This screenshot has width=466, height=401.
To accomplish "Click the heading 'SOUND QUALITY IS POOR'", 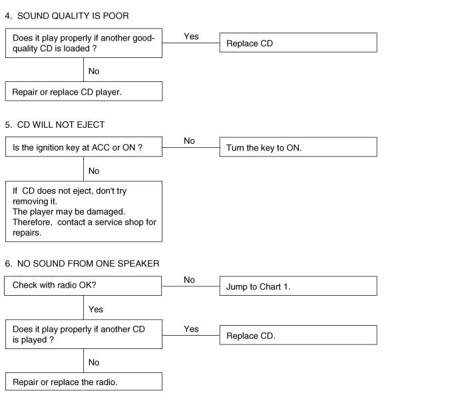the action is (x=73, y=16).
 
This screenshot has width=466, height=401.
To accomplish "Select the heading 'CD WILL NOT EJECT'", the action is (x=61, y=125).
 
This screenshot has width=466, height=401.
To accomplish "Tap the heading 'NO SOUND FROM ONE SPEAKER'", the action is (x=88, y=264).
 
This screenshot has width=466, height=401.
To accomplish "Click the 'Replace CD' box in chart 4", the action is (x=298, y=43).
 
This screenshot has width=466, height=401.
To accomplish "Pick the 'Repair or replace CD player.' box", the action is (x=84, y=91).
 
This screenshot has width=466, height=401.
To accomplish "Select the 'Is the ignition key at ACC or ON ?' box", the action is (x=84, y=147).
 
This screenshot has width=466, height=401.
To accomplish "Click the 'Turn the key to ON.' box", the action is (x=298, y=147).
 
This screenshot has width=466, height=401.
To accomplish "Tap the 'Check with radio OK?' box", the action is (x=83, y=286).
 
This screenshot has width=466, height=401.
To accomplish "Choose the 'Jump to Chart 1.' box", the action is (x=298, y=286).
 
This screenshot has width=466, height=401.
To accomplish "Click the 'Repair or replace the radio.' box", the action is (x=84, y=382).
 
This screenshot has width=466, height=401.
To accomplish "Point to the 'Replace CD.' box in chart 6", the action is (x=298, y=335).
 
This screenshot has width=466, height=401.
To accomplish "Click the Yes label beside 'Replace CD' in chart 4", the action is (x=191, y=36).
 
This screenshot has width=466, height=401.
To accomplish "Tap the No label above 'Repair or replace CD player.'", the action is (x=94, y=71).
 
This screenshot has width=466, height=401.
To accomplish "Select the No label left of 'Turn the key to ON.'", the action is (x=189, y=141).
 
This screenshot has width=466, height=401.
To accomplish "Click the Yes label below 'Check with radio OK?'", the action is (x=96, y=309).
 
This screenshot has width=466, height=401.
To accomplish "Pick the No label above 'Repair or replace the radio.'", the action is (x=94, y=362).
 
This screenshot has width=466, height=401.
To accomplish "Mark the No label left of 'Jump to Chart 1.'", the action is (x=189, y=280).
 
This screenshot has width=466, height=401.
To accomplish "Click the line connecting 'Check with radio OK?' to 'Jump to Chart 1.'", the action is (x=191, y=286).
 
